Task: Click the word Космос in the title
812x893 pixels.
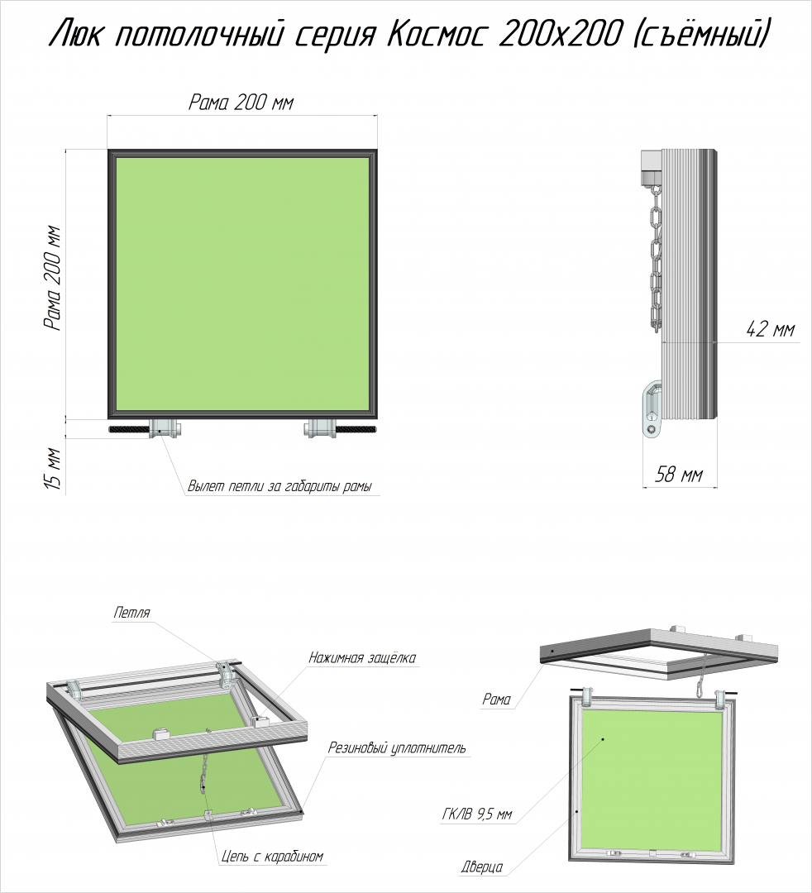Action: click(x=437, y=35)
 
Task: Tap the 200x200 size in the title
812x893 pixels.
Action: click(x=559, y=35)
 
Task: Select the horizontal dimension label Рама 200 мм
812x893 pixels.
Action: click(x=241, y=103)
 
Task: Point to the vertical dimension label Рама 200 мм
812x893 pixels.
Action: click(x=53, y=279)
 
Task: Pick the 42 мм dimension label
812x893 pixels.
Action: click(x=770, y=328)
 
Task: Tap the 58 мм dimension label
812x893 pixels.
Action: click(x=678, y=474)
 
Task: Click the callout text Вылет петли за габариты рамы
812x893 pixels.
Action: click(x=279, y=487)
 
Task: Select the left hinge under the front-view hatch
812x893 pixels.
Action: click(x=165, y=428)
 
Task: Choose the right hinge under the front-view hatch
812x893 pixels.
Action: click(x=321, y=428)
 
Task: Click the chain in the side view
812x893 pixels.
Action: click(x=656, y=259)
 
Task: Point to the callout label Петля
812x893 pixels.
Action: click(x=131, y=613)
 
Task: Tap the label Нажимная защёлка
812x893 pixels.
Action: click(x=362, y=658)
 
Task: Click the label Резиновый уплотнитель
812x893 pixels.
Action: click(x=396, y=747)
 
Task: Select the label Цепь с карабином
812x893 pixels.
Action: click(x=272, y=856)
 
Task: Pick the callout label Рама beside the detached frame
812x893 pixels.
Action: click(x=496, y=700)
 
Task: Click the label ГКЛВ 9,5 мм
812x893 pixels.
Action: click(x=477, y=815)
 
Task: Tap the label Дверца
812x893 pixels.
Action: click(x=482, y=867)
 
